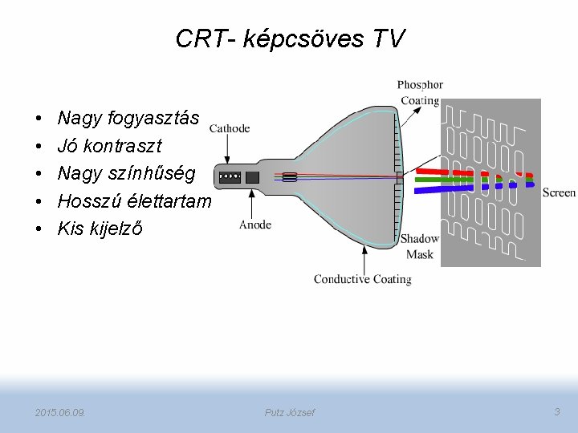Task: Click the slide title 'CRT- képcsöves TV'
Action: tap(290, 38)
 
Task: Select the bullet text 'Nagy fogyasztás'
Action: tap(128, 119)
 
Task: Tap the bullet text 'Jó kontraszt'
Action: tap(109, 146)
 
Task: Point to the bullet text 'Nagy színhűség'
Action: tap(126, 173)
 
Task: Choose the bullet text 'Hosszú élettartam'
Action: tap(134, 200)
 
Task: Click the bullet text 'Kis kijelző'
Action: tap(100, 229)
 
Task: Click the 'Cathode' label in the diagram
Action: tap(230, 128)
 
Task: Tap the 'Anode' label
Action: tap(255, 225)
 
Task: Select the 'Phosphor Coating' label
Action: tap(420, 93)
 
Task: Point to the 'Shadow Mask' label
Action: tap(420, 246)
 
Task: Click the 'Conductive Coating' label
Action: tap(362, 279)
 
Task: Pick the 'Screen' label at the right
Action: tap(559, 192)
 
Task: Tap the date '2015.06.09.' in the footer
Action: tap(61, 412)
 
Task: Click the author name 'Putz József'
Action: tap(289, 412)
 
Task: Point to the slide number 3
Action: tap(557, 411)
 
